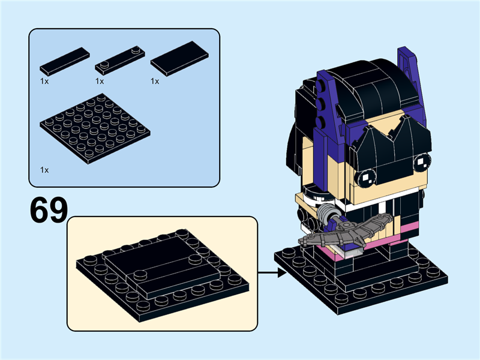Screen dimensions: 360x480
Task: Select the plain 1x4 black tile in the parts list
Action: pos(65,61)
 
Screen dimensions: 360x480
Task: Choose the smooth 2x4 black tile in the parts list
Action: pos(179,58)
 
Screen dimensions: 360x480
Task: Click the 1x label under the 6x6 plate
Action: pos(44,170)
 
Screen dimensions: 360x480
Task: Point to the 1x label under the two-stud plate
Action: pos(100,81)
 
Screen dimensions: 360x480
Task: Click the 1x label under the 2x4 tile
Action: pos(155,81)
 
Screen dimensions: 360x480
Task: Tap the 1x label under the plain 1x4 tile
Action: pos(44,80)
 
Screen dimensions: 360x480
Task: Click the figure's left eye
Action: pos(365,176)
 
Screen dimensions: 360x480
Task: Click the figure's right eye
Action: pos(422,161)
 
